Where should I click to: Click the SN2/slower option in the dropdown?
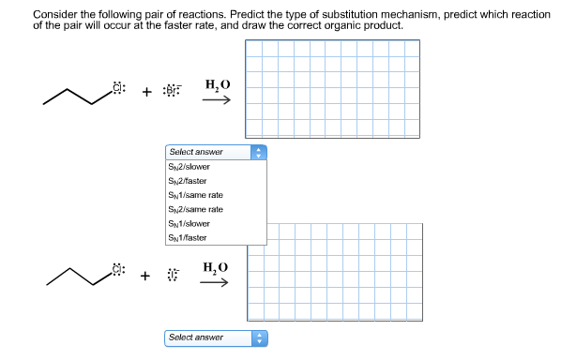click(190, 166)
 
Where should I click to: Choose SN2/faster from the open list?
click(188, 180)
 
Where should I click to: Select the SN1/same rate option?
click(195, 194)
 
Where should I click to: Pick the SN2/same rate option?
click(195, 209)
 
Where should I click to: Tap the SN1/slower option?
click(190, 223)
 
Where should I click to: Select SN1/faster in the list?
click(188, 237)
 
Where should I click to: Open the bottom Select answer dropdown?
click(216, 337)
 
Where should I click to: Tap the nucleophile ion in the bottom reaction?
click(172, 276)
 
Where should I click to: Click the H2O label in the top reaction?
click(217, 85)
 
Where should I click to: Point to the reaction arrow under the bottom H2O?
click(217, 283)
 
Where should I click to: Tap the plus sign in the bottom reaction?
click(145, 276)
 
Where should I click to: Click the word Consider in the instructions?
click(53, 15)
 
